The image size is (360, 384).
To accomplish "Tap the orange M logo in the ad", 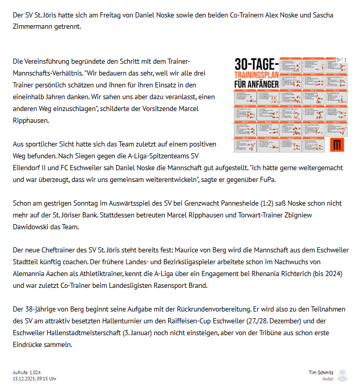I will click(x=337, y=145).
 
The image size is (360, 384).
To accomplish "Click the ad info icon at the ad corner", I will click(x=339, y=59).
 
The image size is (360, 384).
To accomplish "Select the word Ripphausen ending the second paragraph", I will click(x=31, y=120).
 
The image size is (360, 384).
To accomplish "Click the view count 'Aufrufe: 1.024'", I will click(x=27, y=372).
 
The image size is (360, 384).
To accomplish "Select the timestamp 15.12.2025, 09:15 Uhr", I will click(x=34, y=378).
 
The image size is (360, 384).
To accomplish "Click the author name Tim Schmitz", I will click(x=321, y=372).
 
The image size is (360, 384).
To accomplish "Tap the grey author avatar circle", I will click(x=343, y=375).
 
